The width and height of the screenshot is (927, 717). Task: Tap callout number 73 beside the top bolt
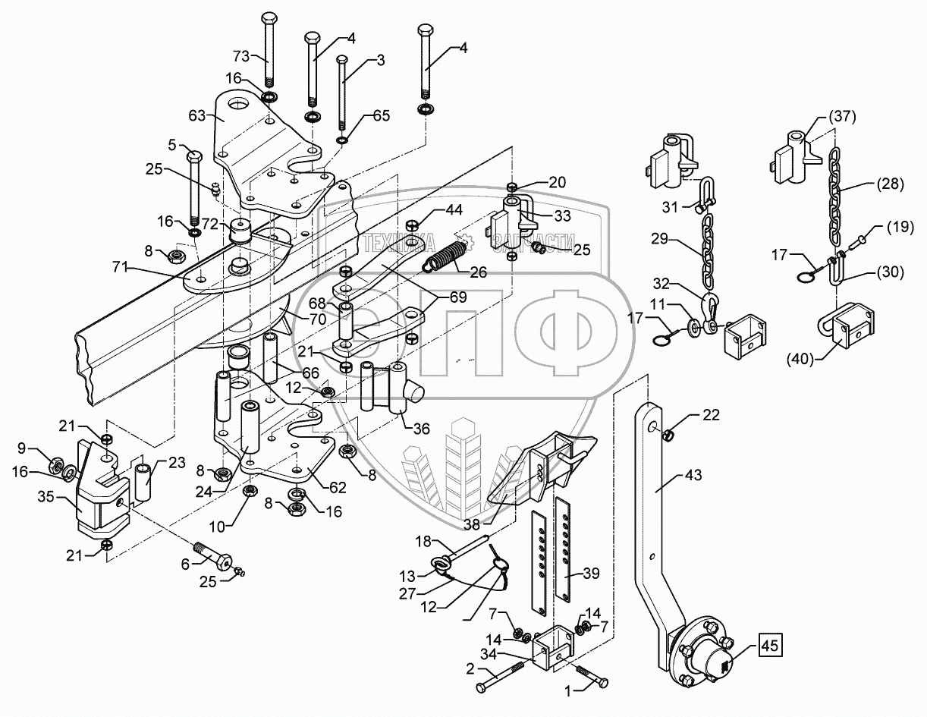pos(241,57)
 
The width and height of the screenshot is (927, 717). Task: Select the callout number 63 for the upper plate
pos(198,116)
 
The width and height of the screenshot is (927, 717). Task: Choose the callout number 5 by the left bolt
pos(172,144)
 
